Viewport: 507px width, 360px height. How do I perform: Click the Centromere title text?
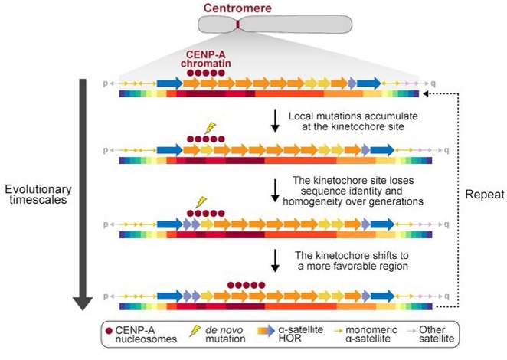click(x=237, y=8)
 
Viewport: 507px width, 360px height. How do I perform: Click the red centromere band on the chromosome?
click(x=238, y=25)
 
